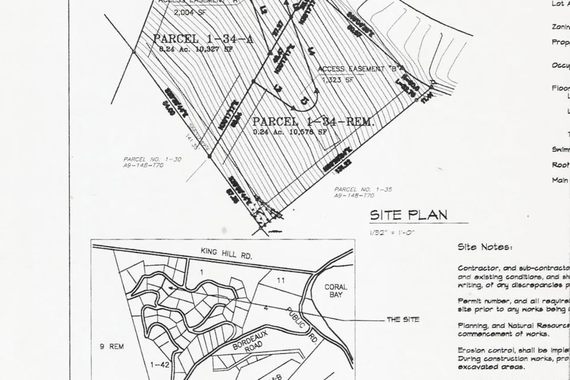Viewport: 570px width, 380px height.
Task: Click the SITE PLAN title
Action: [408, 215]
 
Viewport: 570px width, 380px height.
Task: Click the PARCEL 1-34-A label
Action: [203, 39]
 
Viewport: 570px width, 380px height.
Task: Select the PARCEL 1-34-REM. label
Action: [313, 122]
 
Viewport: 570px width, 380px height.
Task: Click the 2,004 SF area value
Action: [190, 12]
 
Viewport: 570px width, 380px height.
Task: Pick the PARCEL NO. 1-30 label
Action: [152, 159]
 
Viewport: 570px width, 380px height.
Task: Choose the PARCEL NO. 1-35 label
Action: [363, 189]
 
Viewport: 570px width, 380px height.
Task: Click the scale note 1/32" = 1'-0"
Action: [392, 232]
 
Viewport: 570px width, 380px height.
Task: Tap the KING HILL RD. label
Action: [226, 253]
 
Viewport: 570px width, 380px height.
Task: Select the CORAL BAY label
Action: [336, 291]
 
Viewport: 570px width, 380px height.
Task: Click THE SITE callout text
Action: [403, 319]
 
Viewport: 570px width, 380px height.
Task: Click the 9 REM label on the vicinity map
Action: [111, 346]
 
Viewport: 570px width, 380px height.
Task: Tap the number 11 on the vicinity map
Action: [281, 280]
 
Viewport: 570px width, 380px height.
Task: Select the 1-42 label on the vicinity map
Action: [159, 365]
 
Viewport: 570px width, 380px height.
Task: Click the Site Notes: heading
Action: [484, 247]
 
